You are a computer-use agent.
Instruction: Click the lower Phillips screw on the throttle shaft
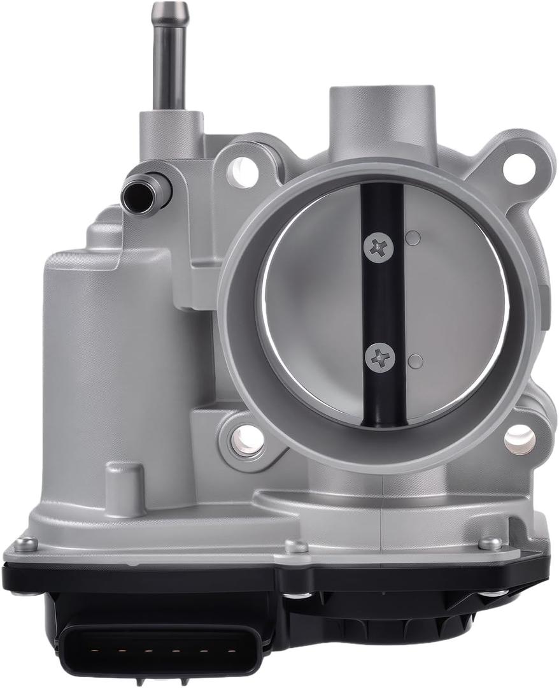pos(379,358)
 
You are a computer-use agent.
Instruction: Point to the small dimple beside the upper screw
pos(413,239)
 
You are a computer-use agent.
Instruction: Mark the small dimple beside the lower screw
pos(415,361)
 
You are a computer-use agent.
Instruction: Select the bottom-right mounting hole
pos(520,440)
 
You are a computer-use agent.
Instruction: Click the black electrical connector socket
pos(159,650)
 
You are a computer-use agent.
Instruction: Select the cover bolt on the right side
pos(490,543)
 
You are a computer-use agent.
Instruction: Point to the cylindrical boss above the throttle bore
pos(382,118)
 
